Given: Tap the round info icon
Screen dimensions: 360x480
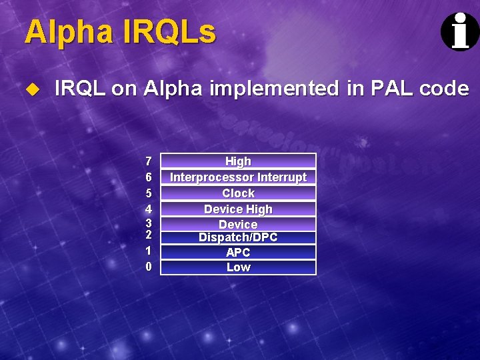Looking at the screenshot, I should click(x=460, y=31).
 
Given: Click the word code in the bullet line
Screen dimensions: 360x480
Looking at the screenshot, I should click(x=444, y=88).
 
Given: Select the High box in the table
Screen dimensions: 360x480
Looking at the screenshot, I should click(x=238, y=161).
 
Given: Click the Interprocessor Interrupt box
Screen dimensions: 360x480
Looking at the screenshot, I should click(x=238, y=177).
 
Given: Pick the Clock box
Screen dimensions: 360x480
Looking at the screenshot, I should click(x=238, y=193).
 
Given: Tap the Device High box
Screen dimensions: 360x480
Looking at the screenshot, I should click(x=238, y=209).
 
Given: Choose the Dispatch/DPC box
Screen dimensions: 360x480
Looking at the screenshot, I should click(x=238, y=237).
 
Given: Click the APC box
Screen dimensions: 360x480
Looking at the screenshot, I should click(x=238, y=252).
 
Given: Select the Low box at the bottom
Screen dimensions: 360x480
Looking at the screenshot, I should click(x=238, y=267).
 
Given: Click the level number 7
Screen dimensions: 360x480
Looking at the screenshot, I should click(x=149, y=161).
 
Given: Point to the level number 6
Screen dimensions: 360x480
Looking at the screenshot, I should click(x=149, y=177).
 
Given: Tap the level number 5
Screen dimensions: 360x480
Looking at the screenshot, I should click(x=149, y=193).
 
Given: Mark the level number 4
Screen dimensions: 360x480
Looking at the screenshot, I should click(x=149, y=209).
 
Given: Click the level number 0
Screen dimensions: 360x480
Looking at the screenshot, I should click(x=149, y=267).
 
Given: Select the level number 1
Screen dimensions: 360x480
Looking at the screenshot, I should click(x=149, y=251).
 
